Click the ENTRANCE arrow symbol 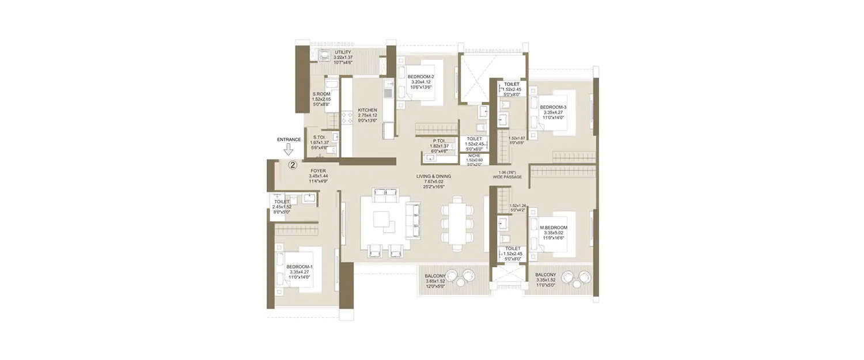(x=286, y=151)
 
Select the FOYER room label (x=319, y=171)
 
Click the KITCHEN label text (x=367, y=110)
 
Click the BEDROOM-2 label (x=420, y=77)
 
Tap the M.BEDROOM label (x=554, y=228)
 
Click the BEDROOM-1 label (x=300, y=267)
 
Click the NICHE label (x=475, y=156)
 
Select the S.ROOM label (x=321, y=94)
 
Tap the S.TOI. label (x=320, y=138)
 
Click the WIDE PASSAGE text (x=507, y=177)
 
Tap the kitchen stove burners (x=348, y=118)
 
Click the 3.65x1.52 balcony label (x=436, y=282)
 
